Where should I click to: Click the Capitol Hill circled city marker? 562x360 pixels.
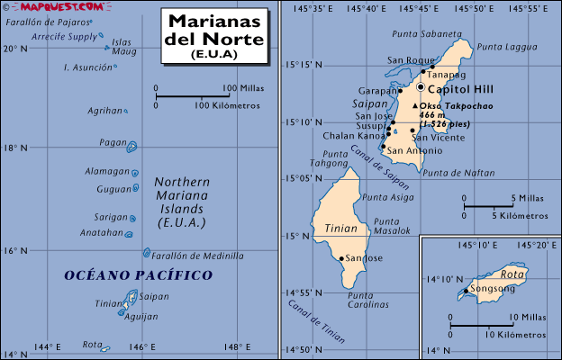coord(421,86)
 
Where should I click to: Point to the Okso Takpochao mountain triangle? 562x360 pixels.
coord(414,106)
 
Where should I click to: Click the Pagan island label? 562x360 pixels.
coord(113,142)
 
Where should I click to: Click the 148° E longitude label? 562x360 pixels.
coord(237,346)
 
